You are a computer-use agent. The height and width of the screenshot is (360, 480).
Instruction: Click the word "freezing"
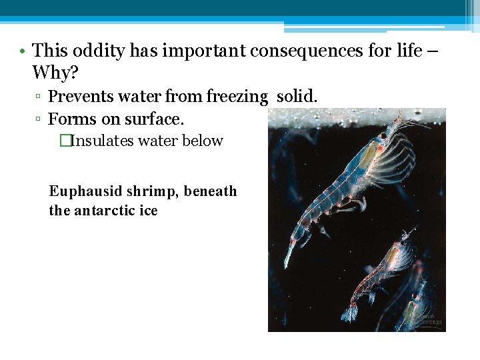tap(237, 97)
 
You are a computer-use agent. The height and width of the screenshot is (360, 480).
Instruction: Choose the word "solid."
tap(297, 97)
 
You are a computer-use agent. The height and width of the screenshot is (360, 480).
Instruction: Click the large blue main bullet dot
tap(23, 51)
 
